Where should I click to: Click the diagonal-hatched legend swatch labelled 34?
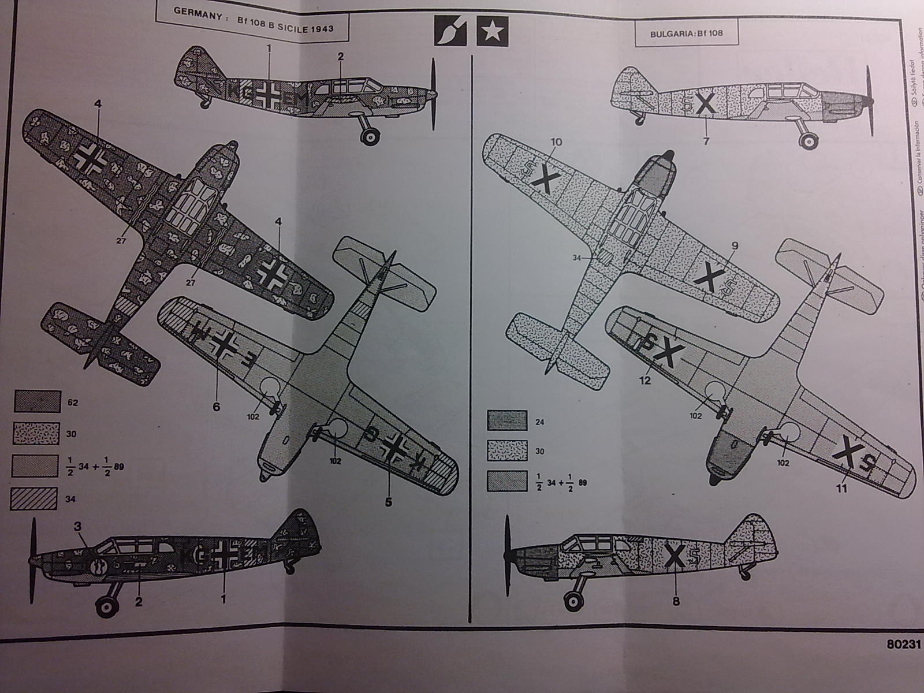[35, 498]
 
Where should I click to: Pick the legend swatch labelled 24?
[507, 421]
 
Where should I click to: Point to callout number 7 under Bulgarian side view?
[706, 141]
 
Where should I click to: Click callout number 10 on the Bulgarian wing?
[556, 141]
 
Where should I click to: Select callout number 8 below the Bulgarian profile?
[676, 602]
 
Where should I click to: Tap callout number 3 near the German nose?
[77, 526]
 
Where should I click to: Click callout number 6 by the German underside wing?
[216, 407]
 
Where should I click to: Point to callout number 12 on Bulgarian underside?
[645, 381]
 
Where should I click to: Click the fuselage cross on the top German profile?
[270, 95]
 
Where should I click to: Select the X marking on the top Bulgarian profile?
[705, 105]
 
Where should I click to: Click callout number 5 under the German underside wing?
[388, 502]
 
